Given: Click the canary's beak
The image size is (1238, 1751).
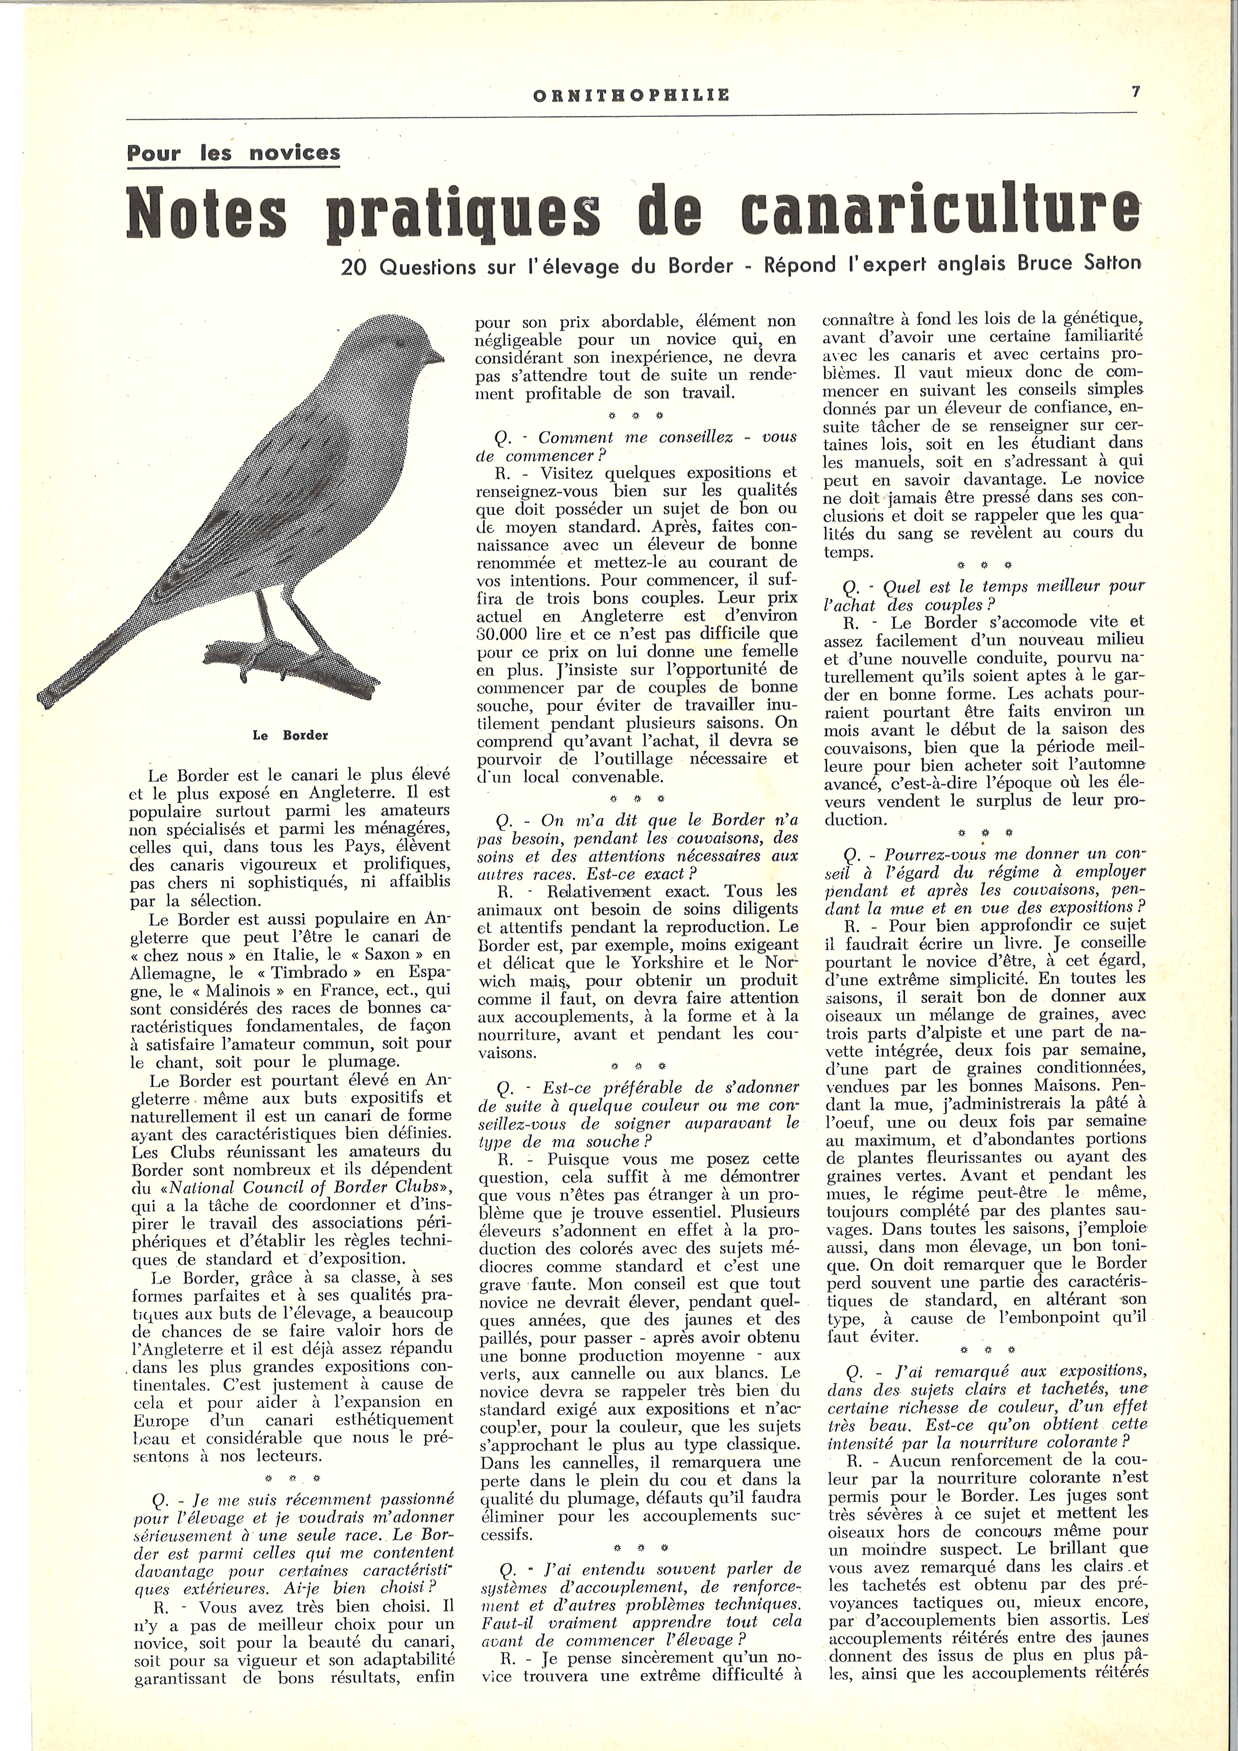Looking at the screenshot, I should click(x=435, y=355).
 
